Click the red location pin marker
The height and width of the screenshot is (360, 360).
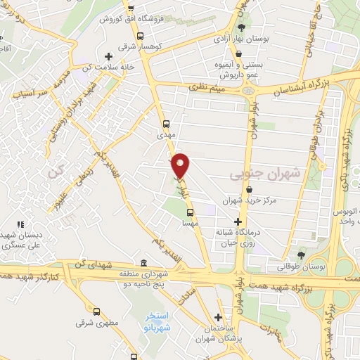[181, 165]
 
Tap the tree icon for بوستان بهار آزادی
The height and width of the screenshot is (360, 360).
[241, 27]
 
